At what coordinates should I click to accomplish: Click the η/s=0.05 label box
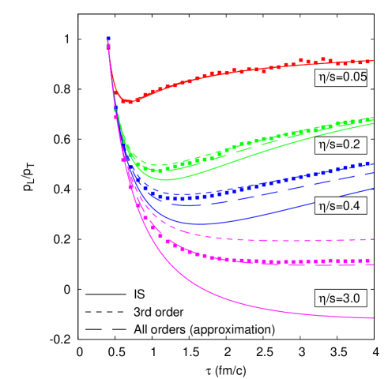(x=341, y=77)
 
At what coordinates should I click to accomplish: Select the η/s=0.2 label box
(x=339, y=144)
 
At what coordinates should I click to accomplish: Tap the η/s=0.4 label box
(x=339, y=206)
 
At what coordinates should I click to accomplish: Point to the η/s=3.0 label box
(x=339, y=298)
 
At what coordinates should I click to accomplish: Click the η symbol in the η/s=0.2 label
(x=321, y=145)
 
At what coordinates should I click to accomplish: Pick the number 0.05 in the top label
(x=353, y=77)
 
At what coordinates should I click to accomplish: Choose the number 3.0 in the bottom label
(x=351, y=298)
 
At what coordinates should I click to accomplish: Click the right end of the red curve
(x=373, y=61)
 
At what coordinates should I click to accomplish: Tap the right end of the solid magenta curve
(x=373, y=318)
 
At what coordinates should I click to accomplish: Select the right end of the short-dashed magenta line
(x=373, y=238)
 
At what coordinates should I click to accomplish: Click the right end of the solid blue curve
(x=373, y=188)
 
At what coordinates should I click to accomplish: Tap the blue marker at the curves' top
(x=107, y=38)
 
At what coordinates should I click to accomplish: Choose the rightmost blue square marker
(x=369, y=163)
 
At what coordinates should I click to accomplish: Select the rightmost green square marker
(x=370, y=119)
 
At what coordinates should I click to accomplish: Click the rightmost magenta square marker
(x=370, y=260)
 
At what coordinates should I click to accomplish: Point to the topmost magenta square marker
(x=107, y=47)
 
